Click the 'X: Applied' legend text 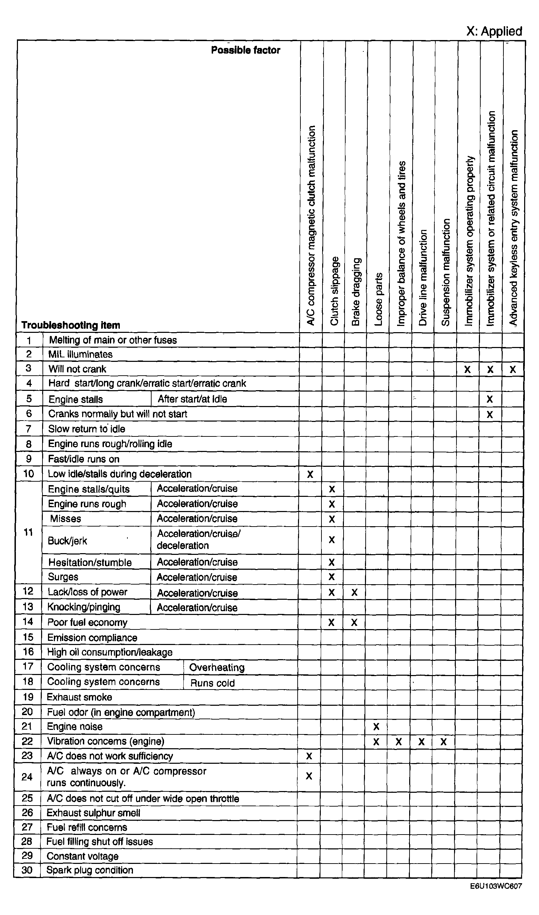pos(494,31)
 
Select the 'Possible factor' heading pos(246,50)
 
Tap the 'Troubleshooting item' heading pos(71,325)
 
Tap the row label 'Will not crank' pos(77,369)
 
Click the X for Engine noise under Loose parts pos(376,726)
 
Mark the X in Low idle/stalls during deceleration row pos(310,474)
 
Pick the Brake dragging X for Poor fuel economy pos(354,622)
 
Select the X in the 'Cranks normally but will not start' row pos(490,414)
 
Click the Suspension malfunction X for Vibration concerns pos(443,741)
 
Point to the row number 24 pos(27,777)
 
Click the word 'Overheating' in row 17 pos(217,667)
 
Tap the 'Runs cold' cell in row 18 pos(212,683)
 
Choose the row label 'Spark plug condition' pos(90,870)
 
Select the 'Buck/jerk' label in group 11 pos(68,541)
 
